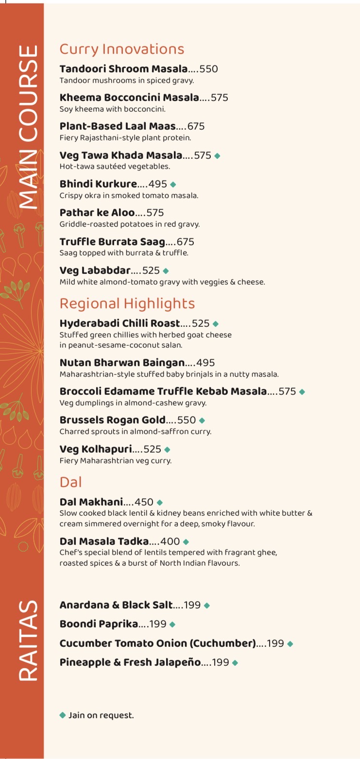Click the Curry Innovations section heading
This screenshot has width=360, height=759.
(x=121, y=49)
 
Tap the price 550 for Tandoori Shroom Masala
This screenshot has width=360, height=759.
(x=208, y=69)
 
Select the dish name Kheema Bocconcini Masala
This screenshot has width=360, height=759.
(x=129, y=98)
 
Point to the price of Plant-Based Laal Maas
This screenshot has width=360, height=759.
(x=196, y=126)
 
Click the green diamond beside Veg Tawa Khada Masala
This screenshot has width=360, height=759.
(x=217, y=156)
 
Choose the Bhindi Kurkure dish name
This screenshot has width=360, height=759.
(x=98, y=184)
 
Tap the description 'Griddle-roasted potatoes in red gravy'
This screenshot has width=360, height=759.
(x=129, y=224)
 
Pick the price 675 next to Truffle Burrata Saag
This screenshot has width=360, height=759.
(x=185, y=242)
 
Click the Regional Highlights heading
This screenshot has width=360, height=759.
(x=127, y=304)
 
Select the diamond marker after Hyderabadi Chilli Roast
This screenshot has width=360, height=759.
(x=216, y=324)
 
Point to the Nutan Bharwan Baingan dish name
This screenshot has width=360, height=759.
(x=122, y=363)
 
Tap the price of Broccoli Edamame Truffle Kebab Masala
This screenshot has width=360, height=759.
(x=287, y=391)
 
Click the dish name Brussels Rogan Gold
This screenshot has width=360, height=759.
(x=112, y=420)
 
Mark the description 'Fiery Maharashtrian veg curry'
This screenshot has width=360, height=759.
(x=115, y=461)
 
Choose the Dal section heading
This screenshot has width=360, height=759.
(x=70, y=482)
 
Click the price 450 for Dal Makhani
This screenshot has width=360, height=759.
(x=144, y=502)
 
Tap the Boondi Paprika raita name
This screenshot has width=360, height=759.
(x=99, y=624)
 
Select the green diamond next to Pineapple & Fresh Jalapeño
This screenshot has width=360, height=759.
(x=235, y=663)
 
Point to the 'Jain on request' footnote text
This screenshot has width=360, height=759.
(x=101, y=715)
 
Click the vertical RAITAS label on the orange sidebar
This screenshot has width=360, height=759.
(x=28, y=641)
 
